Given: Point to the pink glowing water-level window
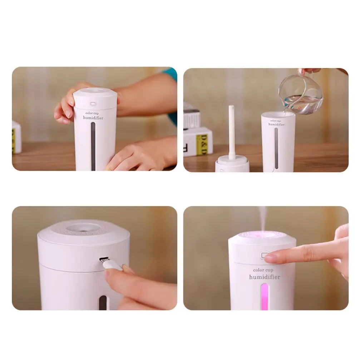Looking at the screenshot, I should click(264, 296).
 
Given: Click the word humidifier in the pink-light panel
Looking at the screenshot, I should click(264, 277).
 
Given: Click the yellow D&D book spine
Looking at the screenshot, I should click(202, 144).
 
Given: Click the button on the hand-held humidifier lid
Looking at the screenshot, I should click(93, 104).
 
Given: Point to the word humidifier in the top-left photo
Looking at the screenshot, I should click(93, 117).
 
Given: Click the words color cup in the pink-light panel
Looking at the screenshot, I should click(263, 270).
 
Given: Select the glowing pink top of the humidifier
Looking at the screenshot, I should click(262, 236).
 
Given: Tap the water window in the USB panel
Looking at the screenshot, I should click(103, 302).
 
